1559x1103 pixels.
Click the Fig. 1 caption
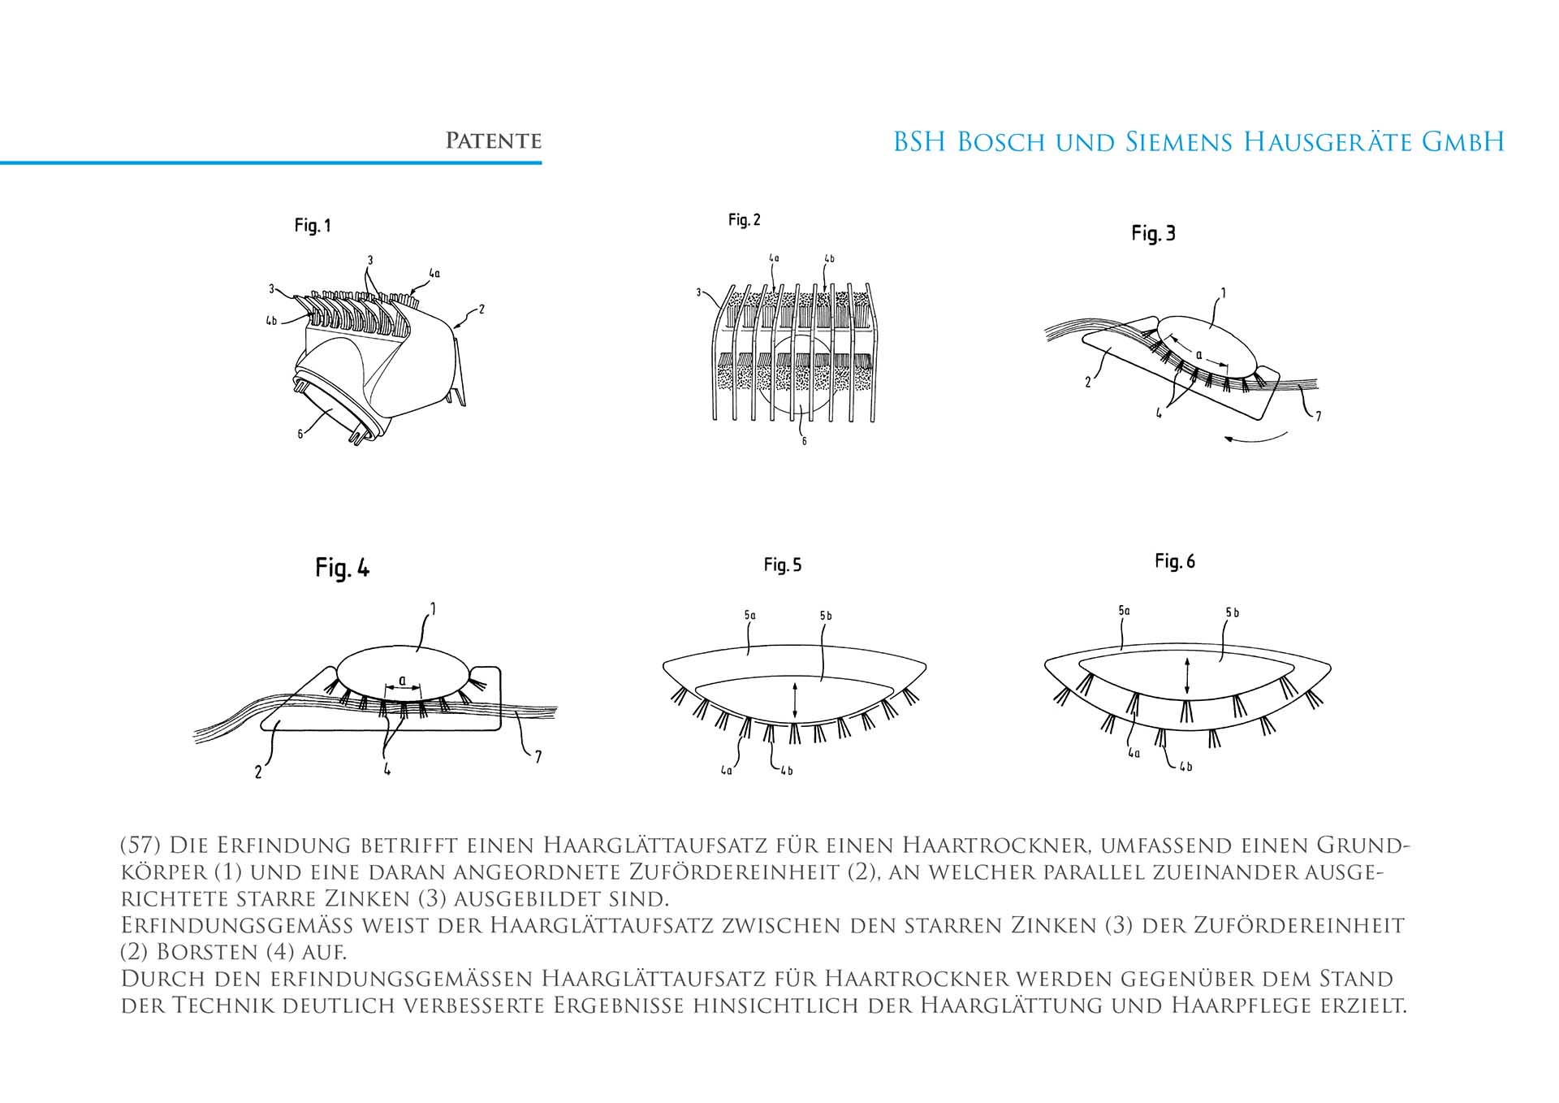click(x=313, y=226)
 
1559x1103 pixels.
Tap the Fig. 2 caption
click(x=744, y=220)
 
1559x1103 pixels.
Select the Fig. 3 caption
click(x=1153, y=234)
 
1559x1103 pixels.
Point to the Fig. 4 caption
click(x=342, y=568)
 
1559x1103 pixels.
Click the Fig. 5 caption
click(x=782, y=565)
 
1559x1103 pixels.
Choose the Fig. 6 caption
click(x=1174, y=561)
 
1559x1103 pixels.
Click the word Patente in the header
click(x=493, y=141)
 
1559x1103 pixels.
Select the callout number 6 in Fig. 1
click(x=300, y=435)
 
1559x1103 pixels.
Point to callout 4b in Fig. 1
click(x=271, y=321)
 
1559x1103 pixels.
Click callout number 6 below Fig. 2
click(x=804, y=441)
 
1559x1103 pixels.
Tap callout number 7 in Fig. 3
click(x=1318, y=417)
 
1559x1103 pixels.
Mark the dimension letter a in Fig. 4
click(x=402, y=680)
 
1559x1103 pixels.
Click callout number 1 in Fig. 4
click(x=433, y=608)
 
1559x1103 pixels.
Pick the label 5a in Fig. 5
click(x=749, y=616)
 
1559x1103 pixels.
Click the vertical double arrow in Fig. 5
click(x=794, y=700)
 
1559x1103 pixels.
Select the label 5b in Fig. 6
click(x=1232, y=612)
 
